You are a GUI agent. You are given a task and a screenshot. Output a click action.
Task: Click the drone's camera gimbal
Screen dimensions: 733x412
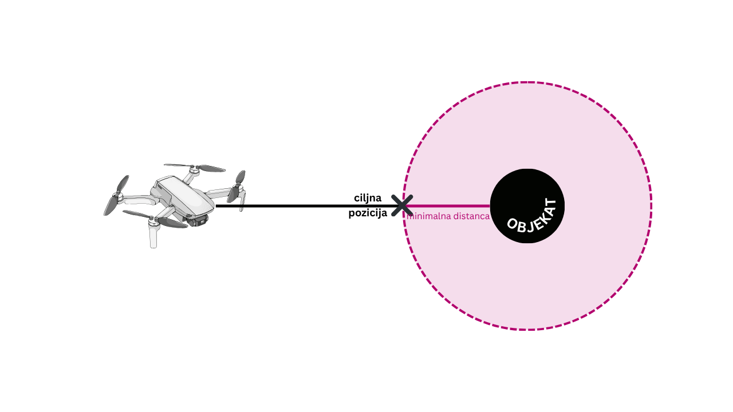click(199, 220)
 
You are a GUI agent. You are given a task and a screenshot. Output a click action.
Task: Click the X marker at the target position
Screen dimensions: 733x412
click(402, 205)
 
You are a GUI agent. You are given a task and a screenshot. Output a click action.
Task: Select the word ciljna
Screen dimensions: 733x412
click(368, 198)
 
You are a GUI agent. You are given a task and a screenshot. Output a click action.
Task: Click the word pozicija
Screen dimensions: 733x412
click(368, 213)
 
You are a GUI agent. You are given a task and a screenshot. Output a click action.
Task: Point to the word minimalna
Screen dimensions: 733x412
click(427, 216)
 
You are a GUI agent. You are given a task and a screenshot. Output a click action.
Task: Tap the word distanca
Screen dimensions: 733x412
click(470, 216)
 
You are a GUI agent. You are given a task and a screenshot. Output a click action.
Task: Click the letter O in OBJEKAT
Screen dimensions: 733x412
click(512, 224)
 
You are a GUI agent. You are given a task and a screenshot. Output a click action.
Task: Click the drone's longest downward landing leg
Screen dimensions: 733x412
click(153, 235)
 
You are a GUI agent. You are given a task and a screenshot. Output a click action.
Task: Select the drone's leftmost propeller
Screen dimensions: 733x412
click(116, 196)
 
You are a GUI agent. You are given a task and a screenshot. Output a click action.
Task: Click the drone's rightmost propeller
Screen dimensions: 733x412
click(237, 187)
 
